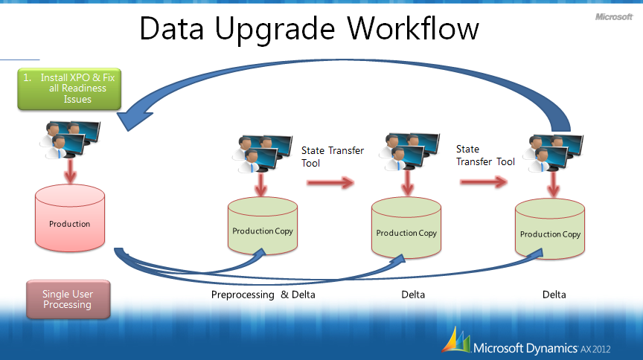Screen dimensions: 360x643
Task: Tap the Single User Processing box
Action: pos(67,299)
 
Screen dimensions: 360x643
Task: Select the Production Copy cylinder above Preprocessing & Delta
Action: pos(263,228)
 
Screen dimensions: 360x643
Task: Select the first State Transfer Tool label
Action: pos(332,156)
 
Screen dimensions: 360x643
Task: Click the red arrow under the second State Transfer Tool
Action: pos(486,180)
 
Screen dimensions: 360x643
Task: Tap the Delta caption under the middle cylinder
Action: pos(413,295)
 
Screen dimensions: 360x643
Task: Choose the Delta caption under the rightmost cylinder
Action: pos(554,295)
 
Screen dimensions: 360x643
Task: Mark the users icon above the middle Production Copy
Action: pos(406,153)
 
